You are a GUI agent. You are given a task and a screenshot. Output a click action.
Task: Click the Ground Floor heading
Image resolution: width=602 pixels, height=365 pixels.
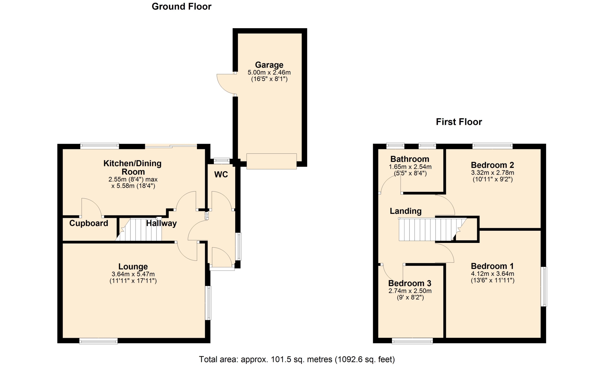(182, 7)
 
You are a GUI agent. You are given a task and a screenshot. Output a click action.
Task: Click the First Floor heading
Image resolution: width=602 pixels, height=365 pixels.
(459, 122)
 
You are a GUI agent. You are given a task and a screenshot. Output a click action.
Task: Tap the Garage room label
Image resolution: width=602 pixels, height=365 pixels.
(269, 65)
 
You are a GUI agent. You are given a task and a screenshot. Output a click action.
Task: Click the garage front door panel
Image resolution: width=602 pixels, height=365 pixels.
(272, 161)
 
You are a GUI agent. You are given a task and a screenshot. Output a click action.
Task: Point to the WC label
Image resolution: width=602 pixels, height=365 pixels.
(221, 175)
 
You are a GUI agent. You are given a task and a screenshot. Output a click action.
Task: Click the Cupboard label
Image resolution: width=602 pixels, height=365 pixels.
(89, 223)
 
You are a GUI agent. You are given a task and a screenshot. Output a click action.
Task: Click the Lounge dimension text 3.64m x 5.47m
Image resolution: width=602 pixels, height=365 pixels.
(133, 274)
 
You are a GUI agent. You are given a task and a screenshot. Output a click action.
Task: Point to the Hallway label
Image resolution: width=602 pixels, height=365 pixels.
(161, 223)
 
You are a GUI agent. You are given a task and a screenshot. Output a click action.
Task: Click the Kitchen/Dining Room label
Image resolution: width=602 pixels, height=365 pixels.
(133, 167)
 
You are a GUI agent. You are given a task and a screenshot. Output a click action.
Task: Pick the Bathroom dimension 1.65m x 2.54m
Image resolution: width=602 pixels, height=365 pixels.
(410, 167)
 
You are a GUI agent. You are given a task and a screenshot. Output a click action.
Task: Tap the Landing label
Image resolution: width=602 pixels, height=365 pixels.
(406, 211)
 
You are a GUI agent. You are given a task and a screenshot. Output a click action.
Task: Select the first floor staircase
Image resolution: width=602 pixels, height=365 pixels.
(432, 229)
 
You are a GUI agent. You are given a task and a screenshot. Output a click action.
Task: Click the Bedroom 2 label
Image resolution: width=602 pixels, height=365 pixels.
(493, 165)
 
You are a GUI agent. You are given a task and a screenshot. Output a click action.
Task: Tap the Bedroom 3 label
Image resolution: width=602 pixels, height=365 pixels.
(410, 283)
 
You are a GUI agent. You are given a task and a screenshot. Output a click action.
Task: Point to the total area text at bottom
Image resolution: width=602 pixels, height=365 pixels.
(297, 359)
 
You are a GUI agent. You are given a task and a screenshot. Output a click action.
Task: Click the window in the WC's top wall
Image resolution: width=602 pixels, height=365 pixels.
(222, 161)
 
